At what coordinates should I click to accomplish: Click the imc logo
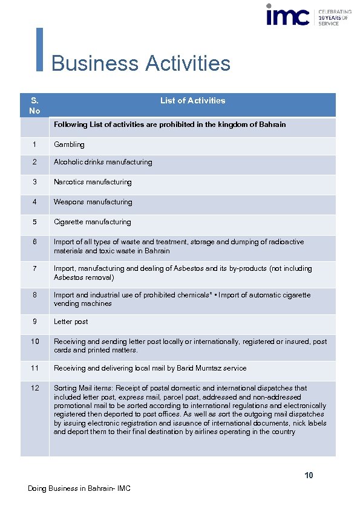(288, 15)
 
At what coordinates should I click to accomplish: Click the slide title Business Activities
(141, 63)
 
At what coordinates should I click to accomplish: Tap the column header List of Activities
(192, 101)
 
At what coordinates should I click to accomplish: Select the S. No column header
(34, 106)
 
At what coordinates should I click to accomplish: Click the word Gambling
(69, 144)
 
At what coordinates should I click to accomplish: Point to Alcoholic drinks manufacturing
(103, 162)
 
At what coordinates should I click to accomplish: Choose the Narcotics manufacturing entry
(93, 182)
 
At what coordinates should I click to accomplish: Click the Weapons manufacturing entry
(93, 202)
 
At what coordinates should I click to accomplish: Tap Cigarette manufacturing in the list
(92, 222)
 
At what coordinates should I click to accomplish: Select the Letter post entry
(71, 322)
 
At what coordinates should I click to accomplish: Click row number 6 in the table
(35, 242)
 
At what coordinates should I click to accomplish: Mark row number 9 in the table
(35, 322)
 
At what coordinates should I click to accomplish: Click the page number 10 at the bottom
(309, 476)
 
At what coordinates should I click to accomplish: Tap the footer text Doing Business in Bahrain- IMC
(79, 488)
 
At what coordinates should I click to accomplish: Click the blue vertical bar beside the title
(40, 50)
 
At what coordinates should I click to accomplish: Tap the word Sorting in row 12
(65, 387)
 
